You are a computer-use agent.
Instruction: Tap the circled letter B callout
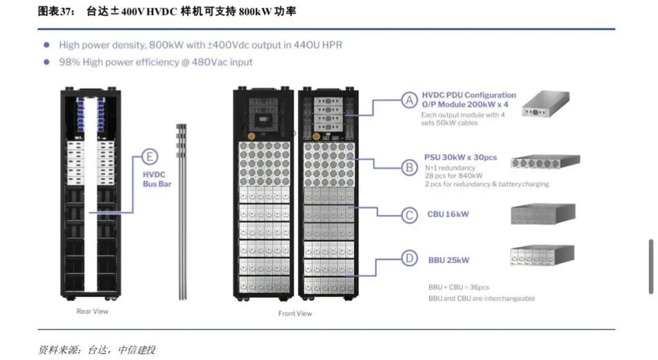410,167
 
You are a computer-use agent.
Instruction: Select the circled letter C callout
410,214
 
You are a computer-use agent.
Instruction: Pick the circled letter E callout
150,157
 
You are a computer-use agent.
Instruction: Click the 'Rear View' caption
93,311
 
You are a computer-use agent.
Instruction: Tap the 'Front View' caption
295,314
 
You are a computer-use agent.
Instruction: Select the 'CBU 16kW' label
448,214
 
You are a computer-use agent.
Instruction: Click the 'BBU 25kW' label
448,260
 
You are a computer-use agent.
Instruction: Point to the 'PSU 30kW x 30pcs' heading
460,157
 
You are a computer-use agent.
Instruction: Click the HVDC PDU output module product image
545,105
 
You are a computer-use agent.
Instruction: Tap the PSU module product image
545,163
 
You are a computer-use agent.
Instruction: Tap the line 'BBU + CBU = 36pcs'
459,288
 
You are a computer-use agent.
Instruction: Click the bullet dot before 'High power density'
46,45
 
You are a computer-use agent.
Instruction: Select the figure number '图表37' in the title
56,11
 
